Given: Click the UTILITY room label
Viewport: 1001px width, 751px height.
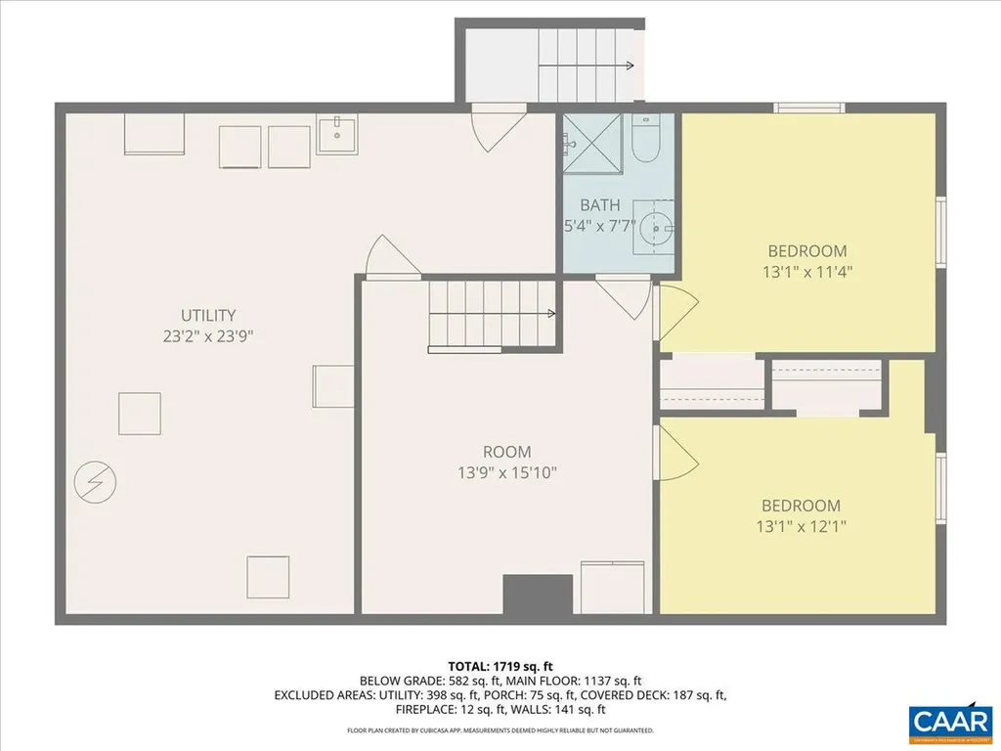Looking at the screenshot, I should coord(207,315).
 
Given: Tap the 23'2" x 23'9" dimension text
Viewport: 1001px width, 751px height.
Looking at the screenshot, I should coord(207,334).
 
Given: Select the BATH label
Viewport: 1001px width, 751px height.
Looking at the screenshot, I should coord(599,205).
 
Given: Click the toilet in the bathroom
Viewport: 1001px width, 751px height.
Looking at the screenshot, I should coord(646,140).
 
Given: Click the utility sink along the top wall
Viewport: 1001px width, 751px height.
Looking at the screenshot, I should coord(337,134).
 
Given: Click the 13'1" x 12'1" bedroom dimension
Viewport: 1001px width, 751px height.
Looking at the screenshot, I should coord(802,526).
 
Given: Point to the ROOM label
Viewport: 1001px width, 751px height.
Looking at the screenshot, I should coord(507,452).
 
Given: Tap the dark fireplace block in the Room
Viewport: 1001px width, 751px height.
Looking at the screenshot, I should coord(537,594).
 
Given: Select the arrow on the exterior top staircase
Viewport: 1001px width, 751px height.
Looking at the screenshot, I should coord(629,66).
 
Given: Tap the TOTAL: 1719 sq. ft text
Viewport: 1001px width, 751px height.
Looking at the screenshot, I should coord(500,665).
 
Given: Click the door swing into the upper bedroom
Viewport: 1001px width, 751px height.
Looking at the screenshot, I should coord(675,312).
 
